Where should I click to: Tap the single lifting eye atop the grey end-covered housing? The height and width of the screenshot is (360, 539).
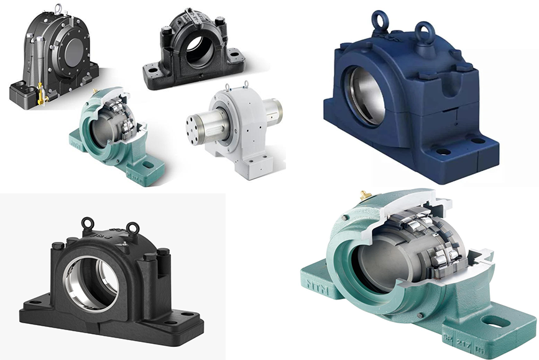[x=57, y=9]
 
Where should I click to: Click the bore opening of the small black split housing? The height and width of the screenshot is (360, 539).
[x=198, y=50]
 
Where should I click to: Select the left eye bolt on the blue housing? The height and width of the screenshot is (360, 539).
[x=380, y=21]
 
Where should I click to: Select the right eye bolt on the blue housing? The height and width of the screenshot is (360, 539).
[x=425, y=30]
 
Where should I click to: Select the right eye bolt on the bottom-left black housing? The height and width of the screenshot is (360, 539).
[x=132, y=228]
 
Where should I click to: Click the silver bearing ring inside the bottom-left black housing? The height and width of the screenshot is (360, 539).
[x=91, y=283]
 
